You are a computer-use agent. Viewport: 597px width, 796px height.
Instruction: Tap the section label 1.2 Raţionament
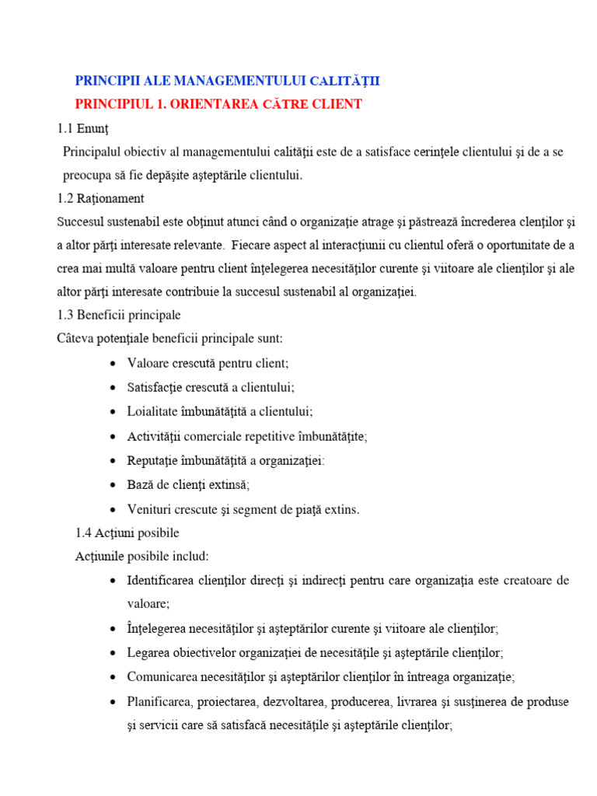[100, 199]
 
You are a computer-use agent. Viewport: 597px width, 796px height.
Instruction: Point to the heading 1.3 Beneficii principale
[119, 316]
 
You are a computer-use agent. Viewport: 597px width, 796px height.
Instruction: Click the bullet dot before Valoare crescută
[114, 364]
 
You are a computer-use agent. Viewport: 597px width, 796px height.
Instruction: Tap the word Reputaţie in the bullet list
[155, 460]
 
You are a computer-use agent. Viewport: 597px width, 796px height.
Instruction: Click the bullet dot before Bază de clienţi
[114, 485]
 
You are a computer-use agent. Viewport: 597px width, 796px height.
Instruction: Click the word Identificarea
[162, 581]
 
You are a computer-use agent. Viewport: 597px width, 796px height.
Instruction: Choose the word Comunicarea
[162, 677]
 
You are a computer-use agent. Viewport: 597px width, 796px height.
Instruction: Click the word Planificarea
[160, 702]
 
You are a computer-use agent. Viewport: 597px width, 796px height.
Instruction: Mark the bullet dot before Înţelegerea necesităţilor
[114, 629]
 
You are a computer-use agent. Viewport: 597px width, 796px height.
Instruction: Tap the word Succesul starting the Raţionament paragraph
[82, 222]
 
